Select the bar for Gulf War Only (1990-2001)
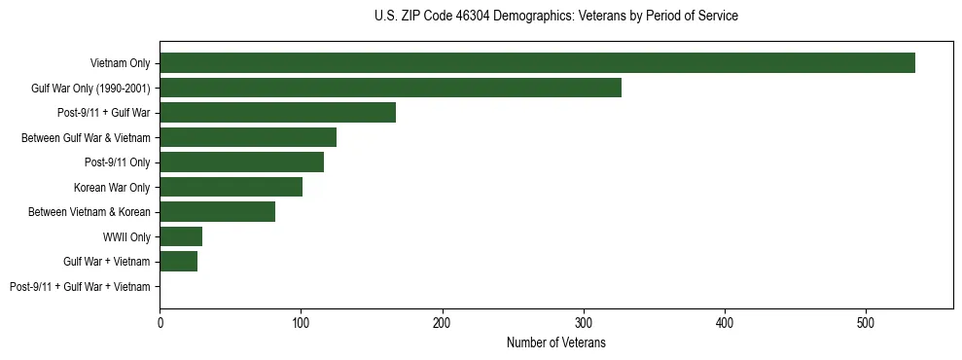[x=390, y=88]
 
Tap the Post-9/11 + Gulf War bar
[x=277, y=113]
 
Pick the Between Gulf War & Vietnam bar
[x=248, y=137]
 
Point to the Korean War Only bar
[x=231, y=187]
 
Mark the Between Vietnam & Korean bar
[x=217, y=211]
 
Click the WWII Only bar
[x=181, y=236]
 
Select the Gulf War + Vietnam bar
[x=178, y=261]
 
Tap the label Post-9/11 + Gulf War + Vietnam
[x=80, y=286]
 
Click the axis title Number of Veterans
[x=555, y=342]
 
